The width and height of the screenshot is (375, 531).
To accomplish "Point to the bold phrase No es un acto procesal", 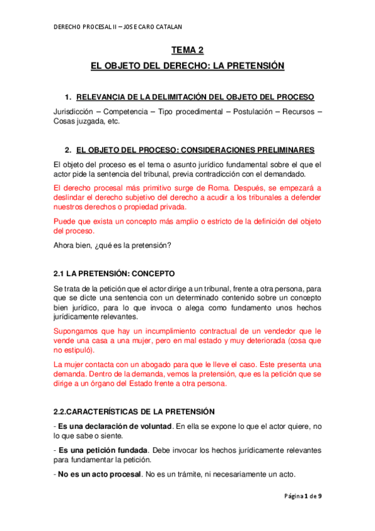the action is click(100, 474).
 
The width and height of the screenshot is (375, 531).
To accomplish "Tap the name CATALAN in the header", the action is click(170, 27).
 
